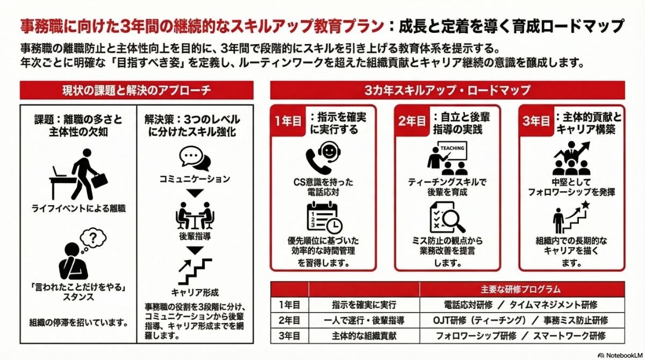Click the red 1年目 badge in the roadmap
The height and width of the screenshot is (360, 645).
tap(289, 121)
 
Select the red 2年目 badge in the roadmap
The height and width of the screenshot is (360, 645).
tap(413, 121)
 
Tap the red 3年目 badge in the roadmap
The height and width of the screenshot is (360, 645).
tap(536, 121)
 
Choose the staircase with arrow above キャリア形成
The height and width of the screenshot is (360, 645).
tap(195, 270)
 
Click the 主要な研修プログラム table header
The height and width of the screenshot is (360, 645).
tap(521, 289)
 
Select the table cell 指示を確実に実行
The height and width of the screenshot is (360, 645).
tap(364, 305)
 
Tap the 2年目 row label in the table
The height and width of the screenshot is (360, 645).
tap(289, 320)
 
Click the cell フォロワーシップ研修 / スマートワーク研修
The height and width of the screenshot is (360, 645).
tap(521, 336)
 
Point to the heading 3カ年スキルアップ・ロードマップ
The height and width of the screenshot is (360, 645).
tap(447, 90)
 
